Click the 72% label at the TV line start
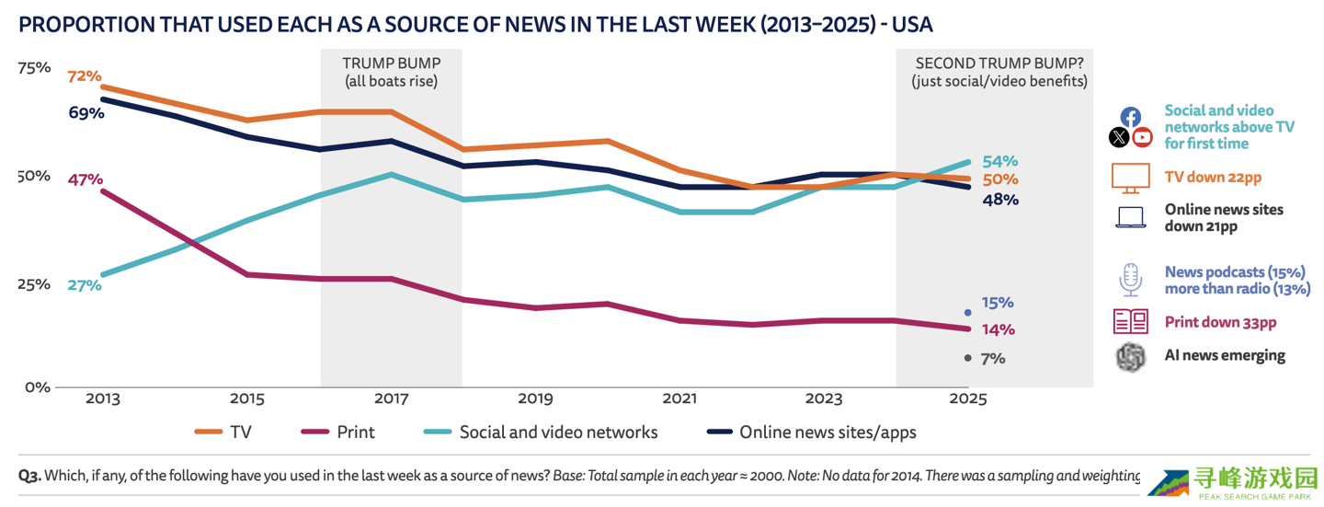tap(84, 76)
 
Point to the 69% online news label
tap(86, 113)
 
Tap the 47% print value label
tap(85, 179)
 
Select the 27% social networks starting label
tap(84, 285)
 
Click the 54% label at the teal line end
tap(999, 161)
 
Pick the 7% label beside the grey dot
tap(993, 359)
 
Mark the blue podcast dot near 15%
tap(967, 313)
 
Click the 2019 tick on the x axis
tap(535, 399)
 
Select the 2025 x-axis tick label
tap(967, 399)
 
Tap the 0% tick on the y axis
tap(37, 387)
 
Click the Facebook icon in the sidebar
tap(1131, 117)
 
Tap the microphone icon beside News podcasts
tap(1130, 279)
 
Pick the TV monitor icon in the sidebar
tap(1130, 178)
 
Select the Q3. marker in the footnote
tap(29, 476)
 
